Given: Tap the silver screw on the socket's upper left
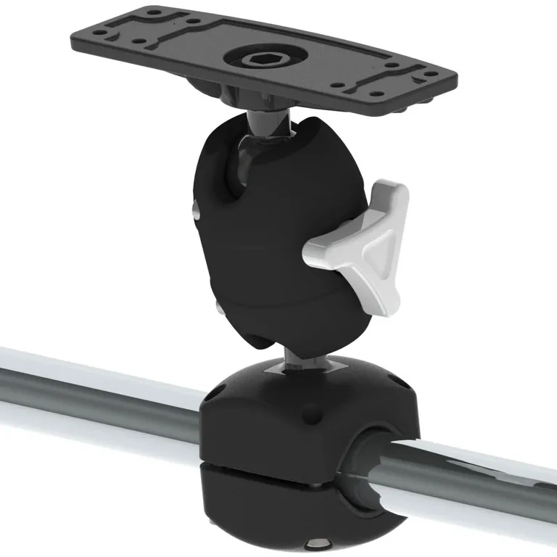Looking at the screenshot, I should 197,211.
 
